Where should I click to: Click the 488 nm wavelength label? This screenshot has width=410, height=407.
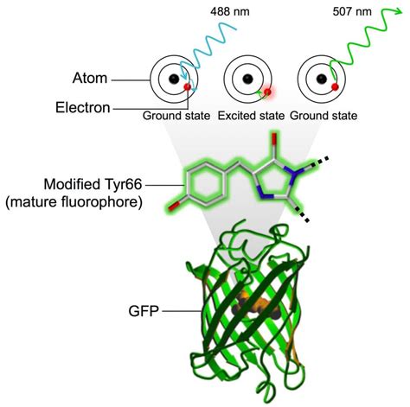[230, 12]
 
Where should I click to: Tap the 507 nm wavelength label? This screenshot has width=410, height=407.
[352, 12]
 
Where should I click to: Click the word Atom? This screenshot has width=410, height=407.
[90, 78]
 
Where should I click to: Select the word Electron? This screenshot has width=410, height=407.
[83, 108]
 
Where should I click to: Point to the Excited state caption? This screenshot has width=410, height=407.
[251, 116]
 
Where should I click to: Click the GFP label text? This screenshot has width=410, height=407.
[144, 311]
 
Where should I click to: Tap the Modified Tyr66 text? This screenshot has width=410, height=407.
[93, 184]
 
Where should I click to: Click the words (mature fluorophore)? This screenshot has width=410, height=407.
[74, 202]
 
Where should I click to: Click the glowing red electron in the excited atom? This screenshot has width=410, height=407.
[267, 92]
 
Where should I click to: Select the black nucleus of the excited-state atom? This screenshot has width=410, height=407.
[248, 79]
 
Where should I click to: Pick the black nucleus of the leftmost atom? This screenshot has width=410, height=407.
[174, 79]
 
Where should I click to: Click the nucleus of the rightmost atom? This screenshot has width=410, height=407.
[322, 79]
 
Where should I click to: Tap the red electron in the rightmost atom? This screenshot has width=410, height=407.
[335, 86]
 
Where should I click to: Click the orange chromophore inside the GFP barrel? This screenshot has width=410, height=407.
[256, 307]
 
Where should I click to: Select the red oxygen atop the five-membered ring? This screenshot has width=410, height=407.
[274, 138]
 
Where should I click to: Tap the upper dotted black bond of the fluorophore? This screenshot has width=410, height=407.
[320, 162]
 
